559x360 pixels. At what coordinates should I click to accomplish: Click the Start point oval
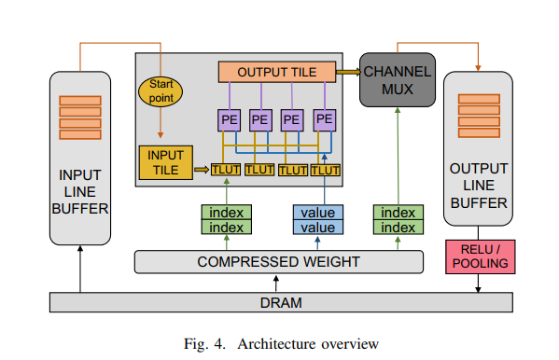point(161,90)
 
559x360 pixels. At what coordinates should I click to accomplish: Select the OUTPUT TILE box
point(276,72)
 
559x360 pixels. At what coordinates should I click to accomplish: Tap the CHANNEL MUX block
point(398,79)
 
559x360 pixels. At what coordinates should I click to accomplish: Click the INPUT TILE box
point(165,161)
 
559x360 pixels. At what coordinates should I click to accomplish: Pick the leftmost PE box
point(230,120)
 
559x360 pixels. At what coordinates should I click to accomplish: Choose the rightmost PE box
point(324,120)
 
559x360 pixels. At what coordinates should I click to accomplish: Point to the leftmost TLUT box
point(227,170)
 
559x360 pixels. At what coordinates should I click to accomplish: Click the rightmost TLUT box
point(326,170)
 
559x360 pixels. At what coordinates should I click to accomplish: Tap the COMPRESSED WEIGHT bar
point(278,262)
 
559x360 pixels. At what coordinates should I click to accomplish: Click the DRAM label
point(280,303)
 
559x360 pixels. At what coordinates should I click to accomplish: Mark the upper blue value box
point(318,213)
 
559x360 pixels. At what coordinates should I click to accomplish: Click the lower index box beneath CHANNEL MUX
point(398,228)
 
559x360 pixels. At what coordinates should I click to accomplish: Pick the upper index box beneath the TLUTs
point(227,213)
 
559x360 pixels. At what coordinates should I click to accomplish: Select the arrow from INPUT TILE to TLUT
point(201,170)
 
